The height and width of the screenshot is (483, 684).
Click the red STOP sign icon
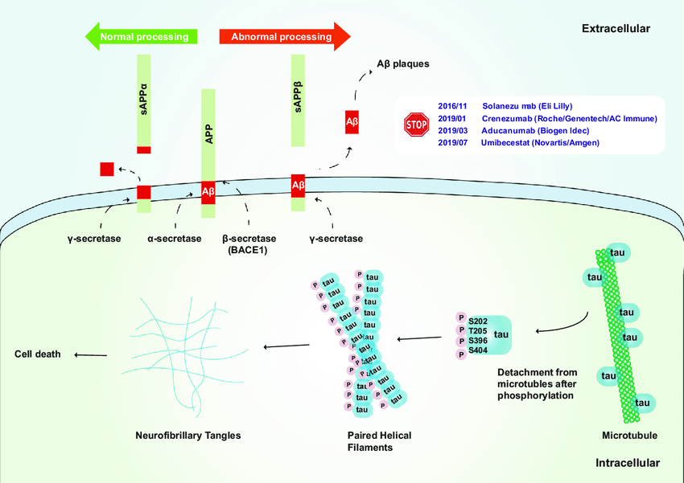click(416, 125)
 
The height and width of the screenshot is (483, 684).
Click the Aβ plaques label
click(403, 63)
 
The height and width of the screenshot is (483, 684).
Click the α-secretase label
click(174, 239)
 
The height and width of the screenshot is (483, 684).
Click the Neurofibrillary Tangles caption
click(188, 436)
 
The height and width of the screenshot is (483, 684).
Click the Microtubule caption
click(629, 436)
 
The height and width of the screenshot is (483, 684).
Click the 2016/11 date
click(452, 106)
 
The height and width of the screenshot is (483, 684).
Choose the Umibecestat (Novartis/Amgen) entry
click(540, 142)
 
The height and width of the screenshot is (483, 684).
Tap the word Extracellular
click(616, 29)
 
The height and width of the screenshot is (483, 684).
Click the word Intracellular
click(628, 464)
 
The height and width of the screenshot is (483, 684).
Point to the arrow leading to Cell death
click(90, 354)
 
